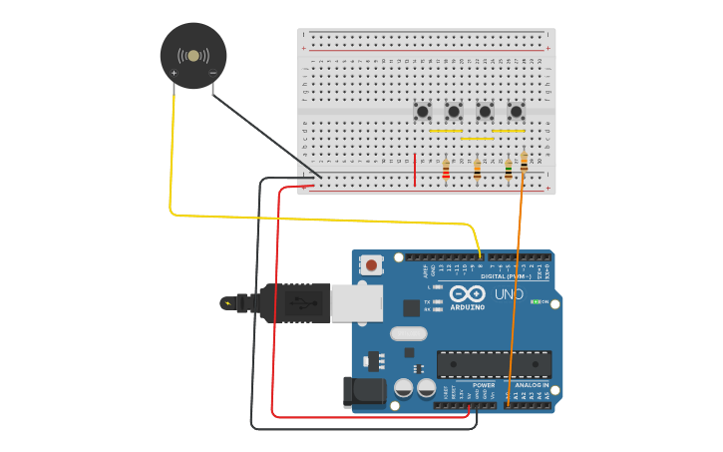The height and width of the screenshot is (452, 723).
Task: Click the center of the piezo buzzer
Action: [x=193, y=56]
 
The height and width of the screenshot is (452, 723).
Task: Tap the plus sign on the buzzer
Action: [x=175, y=73]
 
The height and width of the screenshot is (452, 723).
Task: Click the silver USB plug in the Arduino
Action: [x=354, y=302]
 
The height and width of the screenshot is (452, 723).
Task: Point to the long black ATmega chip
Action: [x=494, y=364]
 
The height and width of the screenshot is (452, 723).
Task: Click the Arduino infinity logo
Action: [x=467, y=294]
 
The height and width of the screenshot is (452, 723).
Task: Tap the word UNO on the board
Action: [x=509, y=294]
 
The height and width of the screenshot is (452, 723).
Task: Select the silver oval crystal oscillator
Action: [x=408, y=333]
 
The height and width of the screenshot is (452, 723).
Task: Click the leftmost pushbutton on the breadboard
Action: [x=423, y=112]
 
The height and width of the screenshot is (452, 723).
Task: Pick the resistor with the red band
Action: [x=446, y=171]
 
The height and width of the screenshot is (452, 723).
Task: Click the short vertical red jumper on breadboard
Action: [x=415, y=169]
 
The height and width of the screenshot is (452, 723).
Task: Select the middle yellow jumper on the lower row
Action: [x=477, y=139]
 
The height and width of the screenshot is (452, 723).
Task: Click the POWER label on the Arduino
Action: [x=484, y=385]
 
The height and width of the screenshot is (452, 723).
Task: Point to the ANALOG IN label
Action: [x=531, y=385]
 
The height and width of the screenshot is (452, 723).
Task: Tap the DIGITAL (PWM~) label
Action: [x=507, y=276]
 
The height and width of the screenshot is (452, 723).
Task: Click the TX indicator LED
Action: [x=437, y=301]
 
